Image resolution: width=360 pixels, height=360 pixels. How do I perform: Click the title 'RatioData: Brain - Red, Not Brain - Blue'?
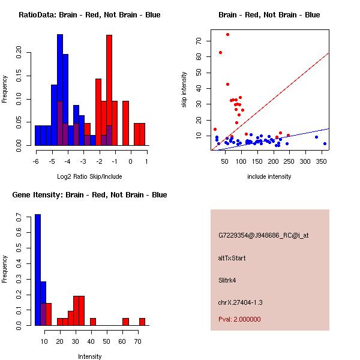click(x=89, y=15)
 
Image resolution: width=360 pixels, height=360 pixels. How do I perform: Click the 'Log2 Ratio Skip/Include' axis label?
click(x=89, y=176)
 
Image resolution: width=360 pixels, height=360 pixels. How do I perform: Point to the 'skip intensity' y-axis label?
click(x=184, y=90)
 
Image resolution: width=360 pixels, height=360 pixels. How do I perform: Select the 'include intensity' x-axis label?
click(x=269, y=176)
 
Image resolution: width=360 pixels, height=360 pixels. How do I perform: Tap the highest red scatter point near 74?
click(x=227, y=34)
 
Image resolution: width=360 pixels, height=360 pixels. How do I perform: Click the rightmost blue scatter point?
click(x=325, y=143)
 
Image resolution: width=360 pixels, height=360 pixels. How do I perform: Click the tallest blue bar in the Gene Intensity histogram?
click(x=38, y=269)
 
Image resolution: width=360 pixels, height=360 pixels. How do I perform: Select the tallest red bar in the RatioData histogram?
click(x=109, y=90)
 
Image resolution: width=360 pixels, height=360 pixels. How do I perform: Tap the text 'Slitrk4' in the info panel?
click(x=229, y=280)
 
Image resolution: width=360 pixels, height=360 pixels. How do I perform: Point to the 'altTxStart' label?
click(x=232, y=258)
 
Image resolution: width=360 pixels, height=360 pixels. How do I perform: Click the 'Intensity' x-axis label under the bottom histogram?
click(x=89, y=356)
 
